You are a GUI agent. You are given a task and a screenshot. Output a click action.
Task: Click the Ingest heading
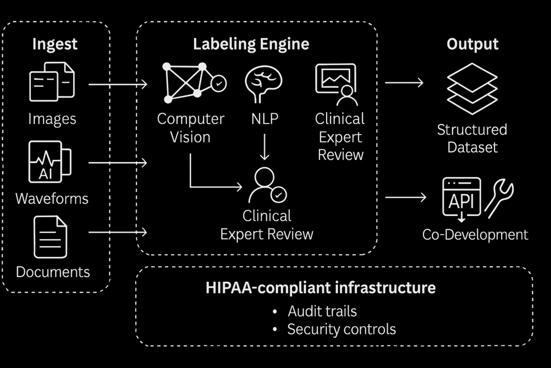coord(55,44)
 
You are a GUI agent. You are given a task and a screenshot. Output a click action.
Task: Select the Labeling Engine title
coord(251,44)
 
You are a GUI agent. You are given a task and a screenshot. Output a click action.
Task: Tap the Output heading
coord(472,44)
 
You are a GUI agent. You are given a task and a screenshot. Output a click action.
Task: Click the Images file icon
coord(52,82)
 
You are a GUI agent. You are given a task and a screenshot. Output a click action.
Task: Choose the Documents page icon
coord(51,237)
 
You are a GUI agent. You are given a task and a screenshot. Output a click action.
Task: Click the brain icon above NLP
coord(263,83)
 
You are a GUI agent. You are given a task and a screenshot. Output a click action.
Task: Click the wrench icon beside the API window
coord(499,198)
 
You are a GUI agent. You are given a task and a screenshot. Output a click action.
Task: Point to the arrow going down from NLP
coord(264,148)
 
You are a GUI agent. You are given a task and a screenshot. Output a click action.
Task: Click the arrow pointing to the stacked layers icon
coord(404,83)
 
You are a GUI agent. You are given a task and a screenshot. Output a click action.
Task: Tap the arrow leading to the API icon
coord(405,197)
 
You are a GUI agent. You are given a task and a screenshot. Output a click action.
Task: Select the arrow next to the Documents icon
coord(117,232)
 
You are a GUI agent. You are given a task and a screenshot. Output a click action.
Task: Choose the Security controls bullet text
coord(341,329)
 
